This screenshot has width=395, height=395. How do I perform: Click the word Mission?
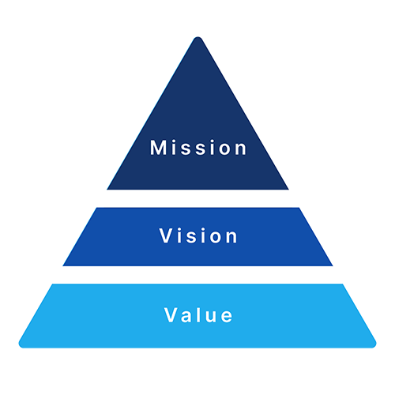(x=198, y=148)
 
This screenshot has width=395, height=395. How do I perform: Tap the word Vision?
(x=198, y=235)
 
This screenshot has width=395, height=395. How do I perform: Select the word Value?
(x=198, y=314)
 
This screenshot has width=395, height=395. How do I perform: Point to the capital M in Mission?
(x=158, y=148)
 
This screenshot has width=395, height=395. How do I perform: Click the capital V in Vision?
(x=166, y=235)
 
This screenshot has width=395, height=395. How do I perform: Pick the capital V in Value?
(x=171, y=314)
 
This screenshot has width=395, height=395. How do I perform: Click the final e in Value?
(x=227, y=317)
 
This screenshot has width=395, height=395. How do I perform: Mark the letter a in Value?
(x=186, y=317)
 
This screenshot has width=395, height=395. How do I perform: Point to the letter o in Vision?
(x=216, y=238)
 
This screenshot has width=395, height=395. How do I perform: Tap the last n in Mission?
(x=241, y=149)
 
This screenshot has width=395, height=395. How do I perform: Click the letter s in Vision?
(x=200, y=238)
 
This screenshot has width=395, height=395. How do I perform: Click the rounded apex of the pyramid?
(x=197, y=38)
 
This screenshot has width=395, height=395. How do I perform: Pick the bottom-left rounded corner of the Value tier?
(x=21, y=344)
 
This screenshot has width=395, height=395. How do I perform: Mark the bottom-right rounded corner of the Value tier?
(x=374, y=344)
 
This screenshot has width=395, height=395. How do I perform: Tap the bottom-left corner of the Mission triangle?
(x=107, y=190)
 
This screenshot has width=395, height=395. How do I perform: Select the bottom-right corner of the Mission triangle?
(x=288, y=190)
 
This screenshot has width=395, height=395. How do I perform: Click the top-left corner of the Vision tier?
(x=96, y=208)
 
